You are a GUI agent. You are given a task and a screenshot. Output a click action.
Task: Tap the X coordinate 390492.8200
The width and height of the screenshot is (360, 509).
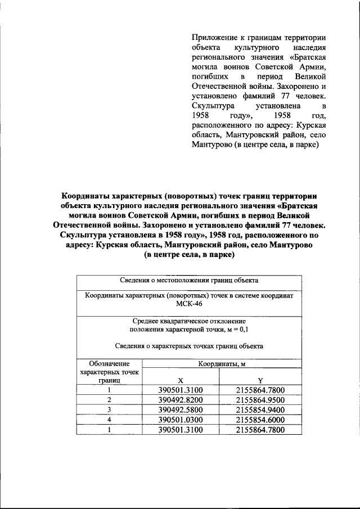[181, 399]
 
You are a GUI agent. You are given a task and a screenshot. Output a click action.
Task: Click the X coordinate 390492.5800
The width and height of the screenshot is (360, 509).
[181, 409]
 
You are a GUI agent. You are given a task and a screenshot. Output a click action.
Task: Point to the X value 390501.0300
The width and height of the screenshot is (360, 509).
[181, 420]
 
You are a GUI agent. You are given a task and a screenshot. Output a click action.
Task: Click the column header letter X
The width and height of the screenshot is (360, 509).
[180, 380]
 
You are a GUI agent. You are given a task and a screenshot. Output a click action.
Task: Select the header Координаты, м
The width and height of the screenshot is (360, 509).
[221, 364]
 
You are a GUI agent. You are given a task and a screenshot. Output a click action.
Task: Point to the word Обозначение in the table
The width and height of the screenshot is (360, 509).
[110, 364]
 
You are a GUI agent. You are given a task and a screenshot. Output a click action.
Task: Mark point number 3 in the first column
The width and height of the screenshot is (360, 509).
[110, 409]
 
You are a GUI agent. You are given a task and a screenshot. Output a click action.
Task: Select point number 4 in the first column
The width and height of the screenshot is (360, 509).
[110, 420]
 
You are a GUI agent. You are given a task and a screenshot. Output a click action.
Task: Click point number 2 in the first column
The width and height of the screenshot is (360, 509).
[110, 399]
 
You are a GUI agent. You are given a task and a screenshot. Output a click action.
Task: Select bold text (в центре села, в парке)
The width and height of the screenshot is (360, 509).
[188, 255]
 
